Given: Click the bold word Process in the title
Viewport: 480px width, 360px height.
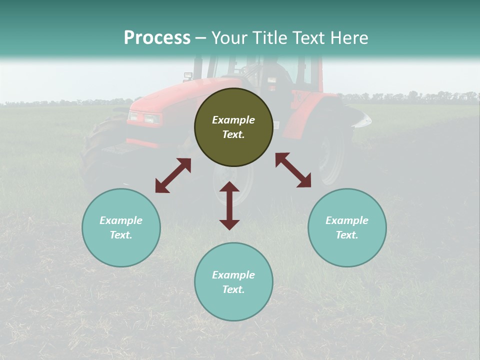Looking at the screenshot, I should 157,38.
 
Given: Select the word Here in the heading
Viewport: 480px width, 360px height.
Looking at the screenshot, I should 348,38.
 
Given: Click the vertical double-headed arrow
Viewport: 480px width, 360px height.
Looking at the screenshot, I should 229,206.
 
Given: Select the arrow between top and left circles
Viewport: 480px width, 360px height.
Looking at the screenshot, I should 173,175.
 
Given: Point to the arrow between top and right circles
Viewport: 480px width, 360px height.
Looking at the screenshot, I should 293,170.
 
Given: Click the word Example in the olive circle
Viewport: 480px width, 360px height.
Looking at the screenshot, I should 233,120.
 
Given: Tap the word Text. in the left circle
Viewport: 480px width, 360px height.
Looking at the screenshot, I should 121,235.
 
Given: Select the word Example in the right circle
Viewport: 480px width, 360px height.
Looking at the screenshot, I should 347,220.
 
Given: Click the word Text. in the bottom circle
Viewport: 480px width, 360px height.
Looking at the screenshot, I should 233,289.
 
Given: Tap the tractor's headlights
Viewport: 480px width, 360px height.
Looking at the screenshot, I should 144,118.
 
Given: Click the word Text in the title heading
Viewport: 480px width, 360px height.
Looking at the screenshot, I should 307,38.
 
